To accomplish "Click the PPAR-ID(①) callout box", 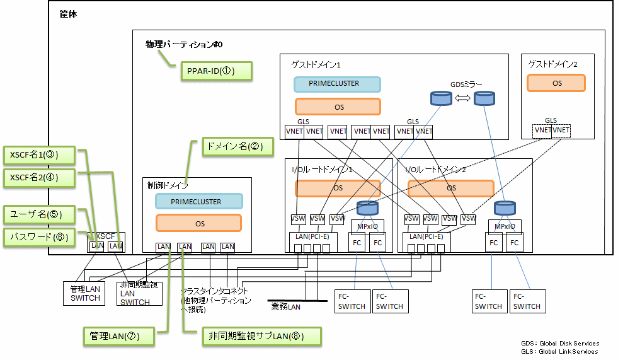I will pos(216,71).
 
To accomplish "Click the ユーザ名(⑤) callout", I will pos(39,214).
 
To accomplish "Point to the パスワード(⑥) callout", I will pos(39,238).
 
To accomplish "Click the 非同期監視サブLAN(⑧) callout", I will pos(261,337).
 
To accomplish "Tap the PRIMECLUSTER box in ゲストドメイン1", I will pos(337,84).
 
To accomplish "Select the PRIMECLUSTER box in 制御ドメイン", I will pos(199,202).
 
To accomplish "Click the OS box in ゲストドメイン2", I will pos(556,83).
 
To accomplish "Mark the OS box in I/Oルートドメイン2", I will pos(450,188).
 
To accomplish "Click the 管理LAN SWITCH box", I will pos(85,294).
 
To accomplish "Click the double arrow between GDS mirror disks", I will pos(463,98).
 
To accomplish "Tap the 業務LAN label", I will pos(287,306).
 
